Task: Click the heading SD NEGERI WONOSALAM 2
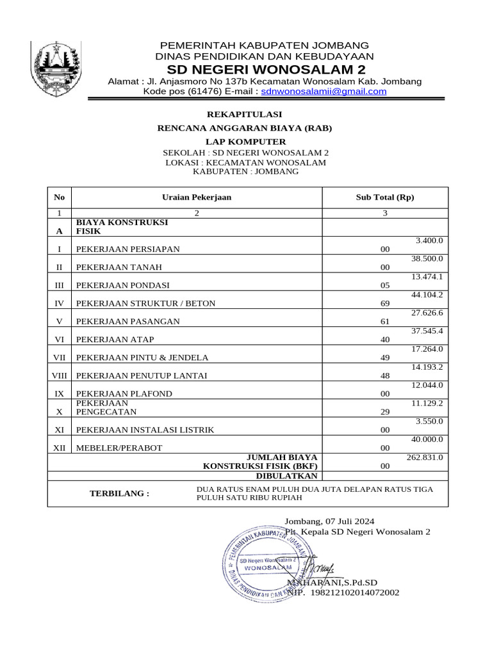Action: (x=264, y=69)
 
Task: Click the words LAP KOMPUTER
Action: (x=245, y=141)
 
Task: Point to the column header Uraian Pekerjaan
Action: (x=197, y=198)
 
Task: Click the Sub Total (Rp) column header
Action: (x=384, y=198)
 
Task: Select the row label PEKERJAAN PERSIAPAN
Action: (x=128, y=249)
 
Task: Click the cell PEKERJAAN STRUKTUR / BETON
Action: (x=146, y=303)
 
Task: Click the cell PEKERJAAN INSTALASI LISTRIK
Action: (x=145, y=430)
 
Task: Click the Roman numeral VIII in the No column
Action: (x=60, y=375)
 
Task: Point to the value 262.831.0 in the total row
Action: (x=425, y=457)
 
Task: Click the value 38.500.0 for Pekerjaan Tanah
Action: (x=427, y=258)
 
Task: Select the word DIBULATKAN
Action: (x=286, y=476)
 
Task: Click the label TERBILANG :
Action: (x=119, y=494)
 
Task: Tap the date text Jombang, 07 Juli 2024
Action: (x=329, y=521)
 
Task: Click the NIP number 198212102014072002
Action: (x=355, y=593)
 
